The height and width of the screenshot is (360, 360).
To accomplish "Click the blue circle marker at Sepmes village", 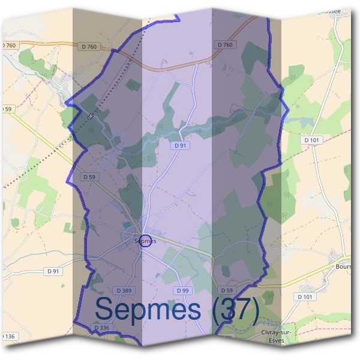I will [145, 241].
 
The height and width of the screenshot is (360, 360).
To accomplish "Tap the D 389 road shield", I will [124, 291].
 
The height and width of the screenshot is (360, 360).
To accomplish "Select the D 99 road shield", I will [183, 291].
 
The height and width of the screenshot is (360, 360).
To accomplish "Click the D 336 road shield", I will [101, 328].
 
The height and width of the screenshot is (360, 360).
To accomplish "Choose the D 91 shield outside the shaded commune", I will [54, 271].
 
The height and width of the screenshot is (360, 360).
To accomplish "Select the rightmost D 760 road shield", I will [225, 44].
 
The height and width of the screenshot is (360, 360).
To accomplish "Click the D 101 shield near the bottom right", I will [305, 296].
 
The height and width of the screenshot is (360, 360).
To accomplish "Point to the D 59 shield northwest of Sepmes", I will [89, 177].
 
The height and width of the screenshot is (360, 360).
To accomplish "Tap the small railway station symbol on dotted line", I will [91, 116].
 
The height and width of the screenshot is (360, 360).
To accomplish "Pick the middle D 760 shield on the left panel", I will [89, 46].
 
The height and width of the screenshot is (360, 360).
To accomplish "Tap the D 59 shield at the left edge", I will [7, 109].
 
